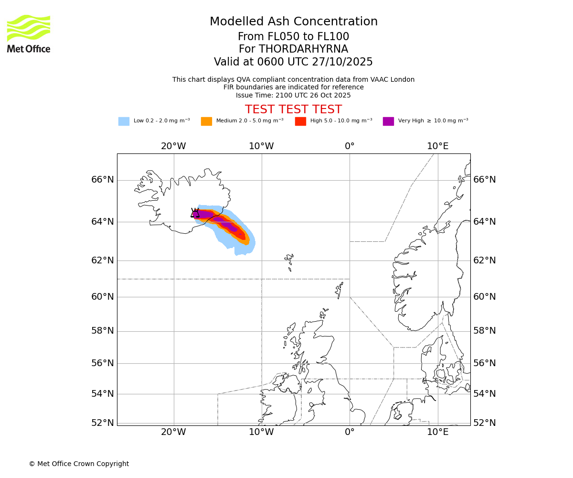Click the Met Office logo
29,33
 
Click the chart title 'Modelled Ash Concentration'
293,22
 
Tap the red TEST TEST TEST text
293,109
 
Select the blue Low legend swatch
124,121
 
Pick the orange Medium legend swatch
206,121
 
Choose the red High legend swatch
300,121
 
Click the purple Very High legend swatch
388,121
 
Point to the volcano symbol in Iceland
195,213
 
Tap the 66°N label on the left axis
103,180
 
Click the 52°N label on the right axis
485,423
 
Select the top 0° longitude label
350,146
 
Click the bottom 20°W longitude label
173,433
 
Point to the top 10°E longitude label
437,146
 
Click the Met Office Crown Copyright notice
79,464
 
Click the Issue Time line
293,95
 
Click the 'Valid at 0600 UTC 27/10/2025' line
293,62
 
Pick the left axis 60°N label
103,297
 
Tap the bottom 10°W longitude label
261,433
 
